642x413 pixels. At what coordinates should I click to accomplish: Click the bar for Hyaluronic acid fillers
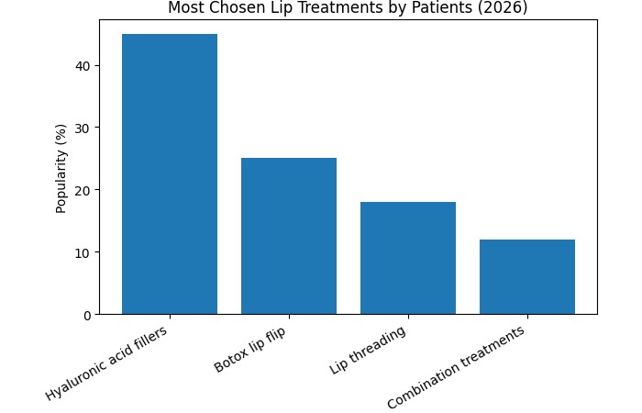pyautogui.click(x=170, y=174)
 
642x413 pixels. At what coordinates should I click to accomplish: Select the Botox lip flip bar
pyautogui.click(x=289, y=236)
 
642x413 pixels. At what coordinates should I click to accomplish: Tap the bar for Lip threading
pyautogui.click(x=408, y=258)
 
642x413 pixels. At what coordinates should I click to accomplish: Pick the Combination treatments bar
pyautogui.click(x=527, y=277)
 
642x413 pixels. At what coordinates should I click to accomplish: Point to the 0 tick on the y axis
pyautogui.click(x=85, y=315)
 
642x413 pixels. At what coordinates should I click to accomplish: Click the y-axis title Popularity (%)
pyautogui.click(x=61, y=168)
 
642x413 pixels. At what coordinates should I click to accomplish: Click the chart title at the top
pyautogui.click(x=348, y=8)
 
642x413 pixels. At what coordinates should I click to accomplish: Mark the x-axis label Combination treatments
pyautogui.click(x=456, y=368)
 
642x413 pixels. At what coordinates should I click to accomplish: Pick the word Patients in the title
pyautogui.click(x=446, y=8)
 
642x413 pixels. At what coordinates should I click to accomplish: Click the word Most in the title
pyautogui.click(x=185, y=8)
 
